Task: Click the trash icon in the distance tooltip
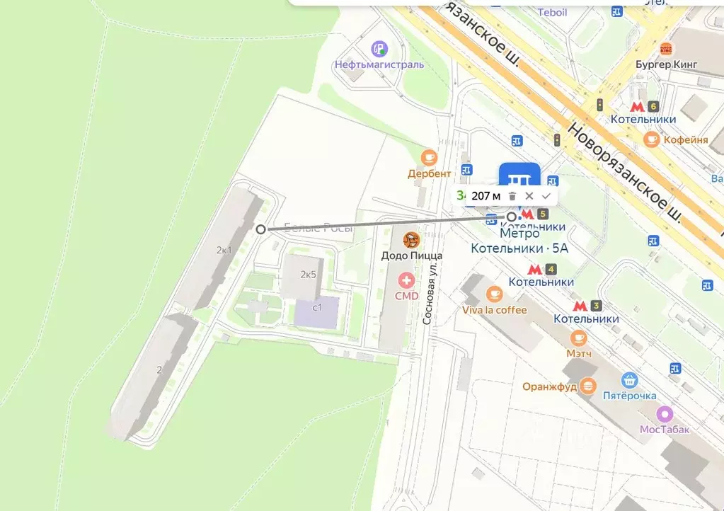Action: point(512,196)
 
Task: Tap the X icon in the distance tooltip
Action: point(529,196)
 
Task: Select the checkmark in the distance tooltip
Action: point(546,196)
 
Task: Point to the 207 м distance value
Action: point(485,196)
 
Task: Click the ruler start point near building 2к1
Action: point(261,229)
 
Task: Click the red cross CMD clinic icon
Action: point(406,281)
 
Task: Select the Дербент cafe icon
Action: point(429,158)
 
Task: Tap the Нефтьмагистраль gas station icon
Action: point(380,49)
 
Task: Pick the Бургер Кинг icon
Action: point(665,49)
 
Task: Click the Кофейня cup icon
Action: point(651,139)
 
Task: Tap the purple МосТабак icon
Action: point(665,414)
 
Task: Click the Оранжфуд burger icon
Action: point(587,386)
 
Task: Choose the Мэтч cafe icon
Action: point(578,338)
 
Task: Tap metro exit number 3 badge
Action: point(597,306)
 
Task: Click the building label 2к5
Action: point(308,275)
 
